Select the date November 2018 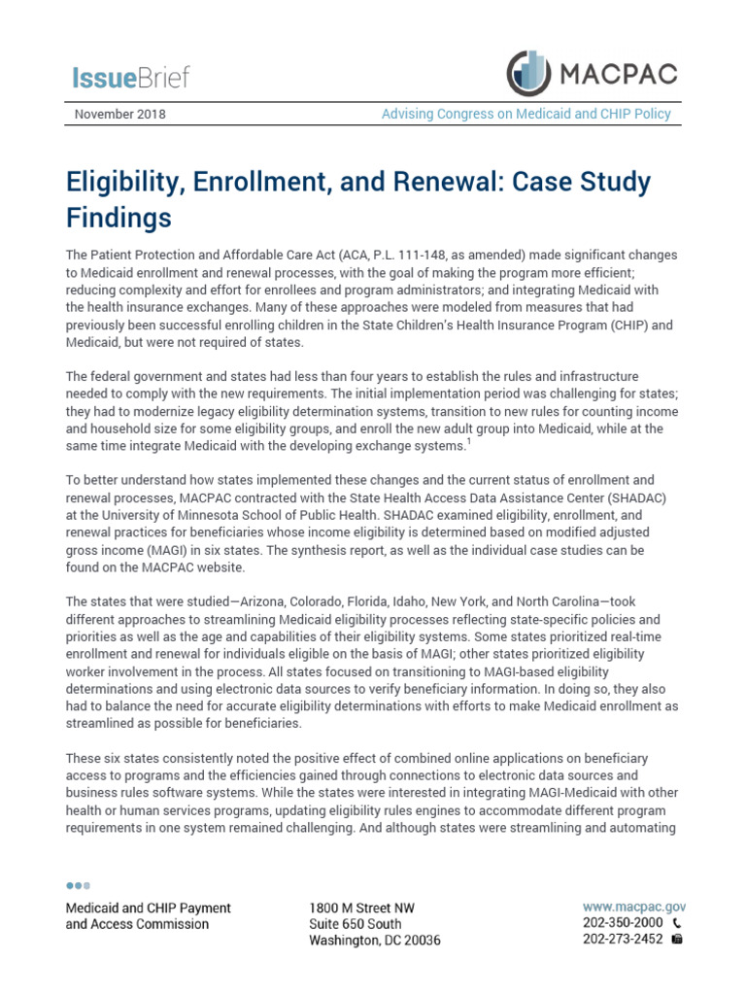pyautogui.click(x=120, y=114)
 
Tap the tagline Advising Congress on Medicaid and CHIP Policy pyautogui.click(x=526, y=114)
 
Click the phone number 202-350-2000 pyautogui.click(x=624, y=922)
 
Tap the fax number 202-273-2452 pyautogui.click(x=624, y=940)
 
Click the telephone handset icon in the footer pyautogui.click(x=678, y=922)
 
